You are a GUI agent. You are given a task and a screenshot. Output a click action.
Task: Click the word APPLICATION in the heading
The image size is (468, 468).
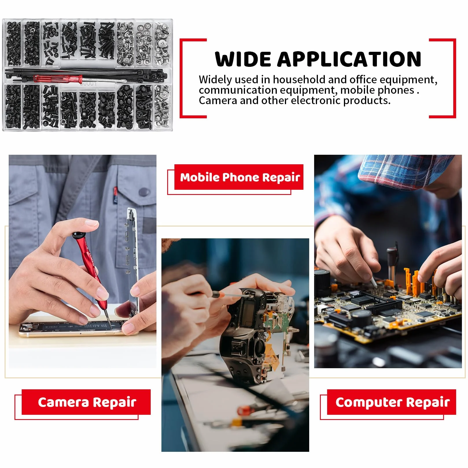point(349,59)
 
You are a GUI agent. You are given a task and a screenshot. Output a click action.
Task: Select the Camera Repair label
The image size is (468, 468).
point(86,402)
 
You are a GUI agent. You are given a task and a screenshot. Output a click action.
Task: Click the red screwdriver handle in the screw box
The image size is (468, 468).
point(58,78)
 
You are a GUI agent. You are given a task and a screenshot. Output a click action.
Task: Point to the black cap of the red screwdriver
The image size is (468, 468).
point(79,235)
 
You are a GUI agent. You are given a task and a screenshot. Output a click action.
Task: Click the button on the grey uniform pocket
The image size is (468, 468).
point(144,191)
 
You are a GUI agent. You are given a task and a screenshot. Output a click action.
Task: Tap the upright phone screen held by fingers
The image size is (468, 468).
point(132,260)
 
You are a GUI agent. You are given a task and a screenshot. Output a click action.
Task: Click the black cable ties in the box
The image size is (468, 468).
point(87,74)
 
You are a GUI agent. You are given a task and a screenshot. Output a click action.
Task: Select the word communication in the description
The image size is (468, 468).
point(238,90)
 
